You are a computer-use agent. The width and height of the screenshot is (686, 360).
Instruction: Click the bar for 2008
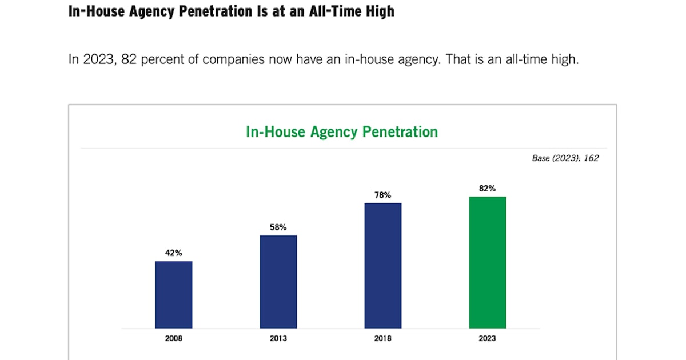[174, 295]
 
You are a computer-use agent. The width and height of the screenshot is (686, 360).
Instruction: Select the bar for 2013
[278, 282]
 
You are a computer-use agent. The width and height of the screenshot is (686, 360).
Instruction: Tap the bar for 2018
[383, 266]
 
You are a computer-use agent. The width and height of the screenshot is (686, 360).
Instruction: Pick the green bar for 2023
[488, 262]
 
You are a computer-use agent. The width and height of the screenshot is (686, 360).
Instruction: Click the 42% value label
[174, 253]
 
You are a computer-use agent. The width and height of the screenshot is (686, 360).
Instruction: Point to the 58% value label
[278, 227]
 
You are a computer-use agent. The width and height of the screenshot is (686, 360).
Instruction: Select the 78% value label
[383, 195]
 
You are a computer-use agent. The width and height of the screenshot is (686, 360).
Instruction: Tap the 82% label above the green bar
[488, 188]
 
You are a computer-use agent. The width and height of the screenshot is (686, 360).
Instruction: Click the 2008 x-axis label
[174, 338]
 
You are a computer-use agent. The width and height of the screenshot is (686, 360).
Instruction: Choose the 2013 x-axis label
[278, 338]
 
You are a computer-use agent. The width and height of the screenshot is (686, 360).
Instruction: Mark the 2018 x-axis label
[383, 338]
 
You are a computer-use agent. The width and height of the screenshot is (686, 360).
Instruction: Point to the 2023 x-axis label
[488, 338]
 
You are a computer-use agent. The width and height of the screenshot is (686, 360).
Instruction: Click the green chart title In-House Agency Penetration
[342, 132]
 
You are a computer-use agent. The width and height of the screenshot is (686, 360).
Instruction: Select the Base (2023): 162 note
[565, 158]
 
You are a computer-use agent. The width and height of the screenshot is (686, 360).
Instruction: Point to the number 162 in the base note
[591, 158]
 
